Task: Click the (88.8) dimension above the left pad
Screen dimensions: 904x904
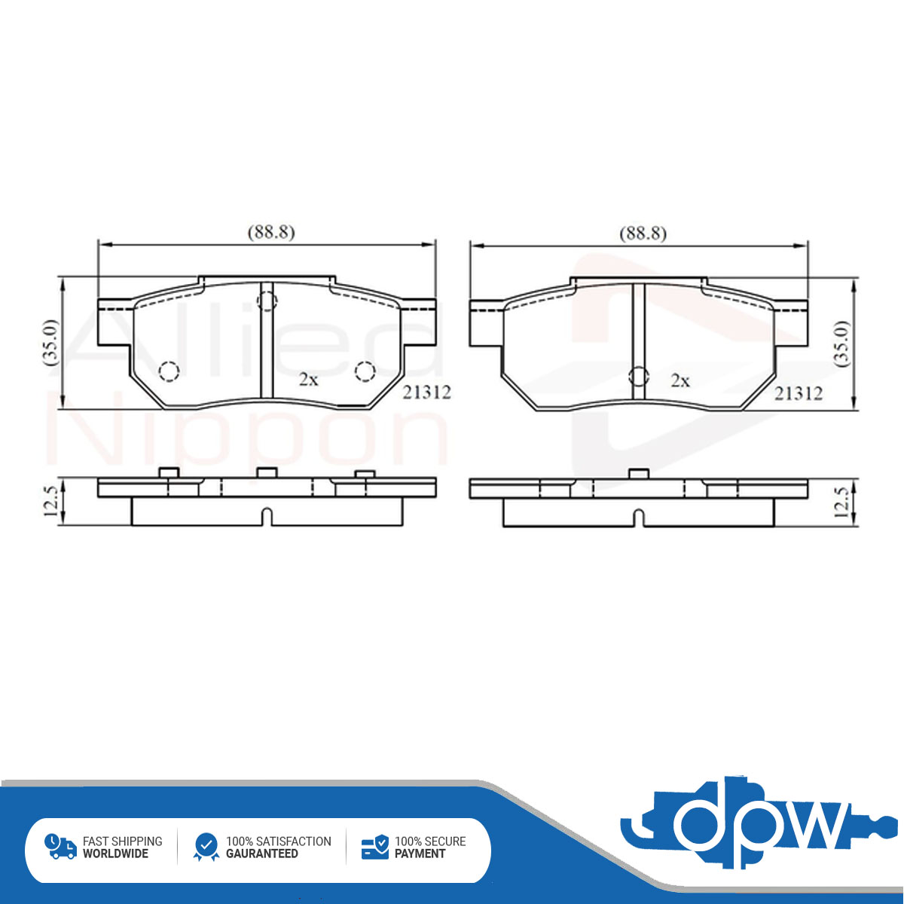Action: tap(271, 232)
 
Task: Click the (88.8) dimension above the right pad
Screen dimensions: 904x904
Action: tap(643, 233)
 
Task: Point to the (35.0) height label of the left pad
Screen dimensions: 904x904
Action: tap(50, 343)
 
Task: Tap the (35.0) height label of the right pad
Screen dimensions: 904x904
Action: tap(842, 344)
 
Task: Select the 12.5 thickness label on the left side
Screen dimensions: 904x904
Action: tap(50, 501)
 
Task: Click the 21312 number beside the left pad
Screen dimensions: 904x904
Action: tap(426, 392)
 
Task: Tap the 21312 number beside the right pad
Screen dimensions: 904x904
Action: tap(798, 393)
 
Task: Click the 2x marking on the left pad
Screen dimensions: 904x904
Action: tap(309, 380)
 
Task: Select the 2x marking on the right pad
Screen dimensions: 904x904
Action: tap(680, 380)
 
